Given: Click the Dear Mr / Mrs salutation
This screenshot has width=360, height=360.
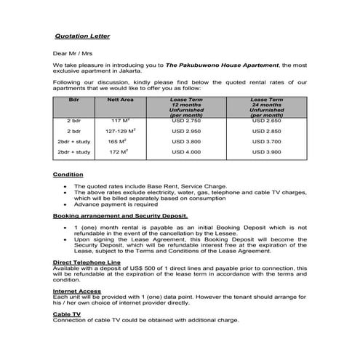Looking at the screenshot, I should click(73, 53).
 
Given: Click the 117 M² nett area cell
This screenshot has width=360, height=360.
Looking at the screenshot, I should click(120, 119).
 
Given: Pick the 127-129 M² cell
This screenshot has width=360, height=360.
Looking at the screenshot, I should click(120, 130).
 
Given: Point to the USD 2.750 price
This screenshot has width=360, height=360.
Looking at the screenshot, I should click(186, 119).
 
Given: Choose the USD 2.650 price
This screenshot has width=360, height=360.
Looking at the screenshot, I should click(267, 119).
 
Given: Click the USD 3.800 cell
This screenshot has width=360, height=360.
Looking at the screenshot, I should click(186, 141).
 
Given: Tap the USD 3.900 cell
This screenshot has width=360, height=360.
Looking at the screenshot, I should click(267, 153).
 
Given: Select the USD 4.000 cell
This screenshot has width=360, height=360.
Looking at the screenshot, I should click(186, 153).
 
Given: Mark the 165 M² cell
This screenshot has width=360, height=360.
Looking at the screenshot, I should click(118, 141).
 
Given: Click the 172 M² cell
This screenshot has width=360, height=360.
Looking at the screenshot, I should click(118, 153).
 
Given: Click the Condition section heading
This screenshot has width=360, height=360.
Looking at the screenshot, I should click(68, 175).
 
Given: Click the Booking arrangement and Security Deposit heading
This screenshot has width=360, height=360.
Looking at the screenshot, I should click(120, 216).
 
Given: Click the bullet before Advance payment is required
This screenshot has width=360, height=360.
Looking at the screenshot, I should click(66, 205).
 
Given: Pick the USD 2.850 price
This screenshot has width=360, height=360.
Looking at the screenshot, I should click(267, 130).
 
